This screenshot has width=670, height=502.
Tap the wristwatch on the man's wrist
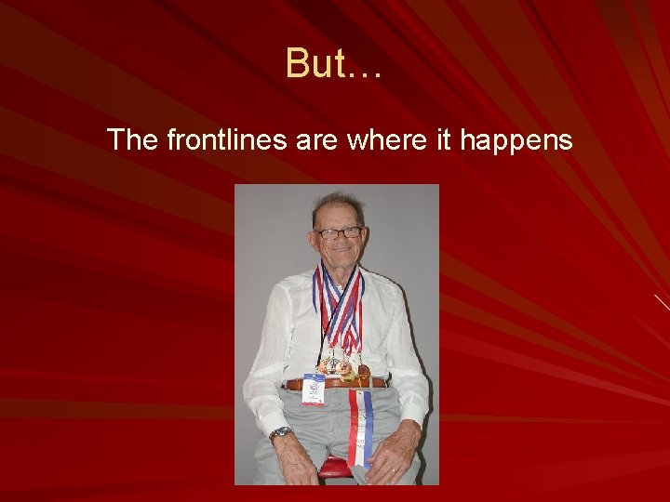click(x=279, y=433)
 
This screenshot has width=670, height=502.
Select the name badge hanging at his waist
click(x=314, y=389)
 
